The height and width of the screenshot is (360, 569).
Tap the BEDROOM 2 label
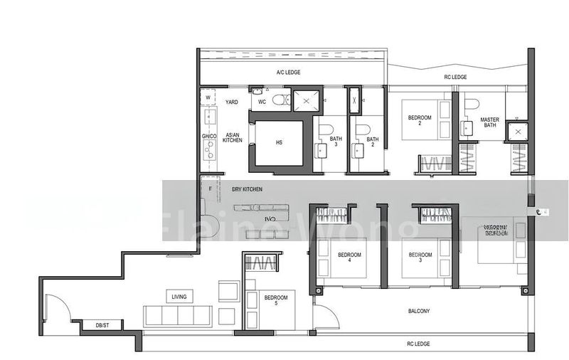tap(415, 121)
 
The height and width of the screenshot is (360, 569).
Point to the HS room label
tap(279, 142)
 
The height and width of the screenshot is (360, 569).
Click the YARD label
tap(232, 102)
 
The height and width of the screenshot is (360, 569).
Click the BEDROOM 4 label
tap(349, 258)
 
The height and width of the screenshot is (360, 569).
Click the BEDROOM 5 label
tap(276, 301)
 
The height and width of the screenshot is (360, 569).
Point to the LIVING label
tap(179, 297)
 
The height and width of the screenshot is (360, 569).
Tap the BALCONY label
tap(420, 312)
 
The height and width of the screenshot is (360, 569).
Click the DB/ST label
tap(103, 326)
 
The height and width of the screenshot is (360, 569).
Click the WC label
tap(262, 102)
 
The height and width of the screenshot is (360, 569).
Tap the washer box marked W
tap(208, 98)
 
